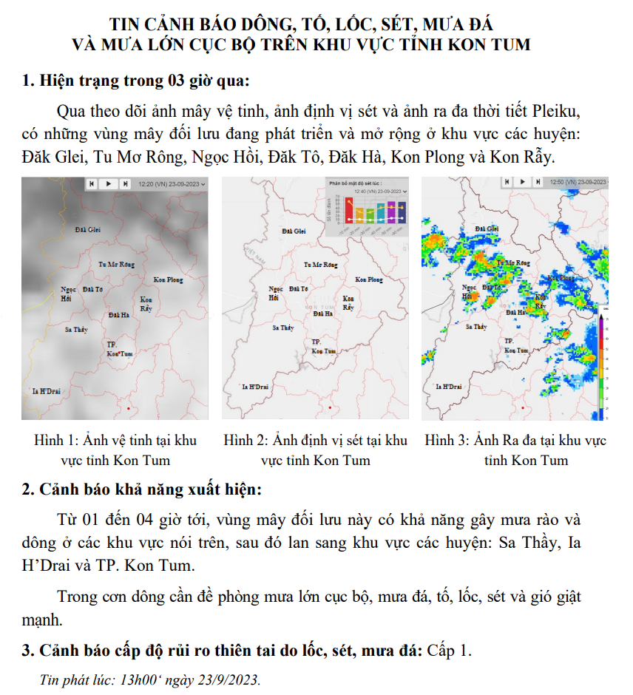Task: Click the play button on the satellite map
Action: (108, 183)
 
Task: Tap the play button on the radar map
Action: (522, 182)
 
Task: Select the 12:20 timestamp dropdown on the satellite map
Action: (171, 183)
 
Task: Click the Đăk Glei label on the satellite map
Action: (88, 230)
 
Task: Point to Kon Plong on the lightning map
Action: (368, 279)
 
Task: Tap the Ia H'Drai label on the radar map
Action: (449, 387)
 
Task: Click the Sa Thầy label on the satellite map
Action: (78, 328)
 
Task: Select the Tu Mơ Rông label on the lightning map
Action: (321, 264)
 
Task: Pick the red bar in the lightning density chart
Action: (348, 212)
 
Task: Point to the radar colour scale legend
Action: (603, 362)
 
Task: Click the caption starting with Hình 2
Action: (316, 450)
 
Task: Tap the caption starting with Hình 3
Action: (515, 450)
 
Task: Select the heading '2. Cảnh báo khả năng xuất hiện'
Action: (141, 489)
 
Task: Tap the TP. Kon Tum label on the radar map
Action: (515, 345)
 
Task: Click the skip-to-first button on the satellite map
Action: (92, 183)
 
